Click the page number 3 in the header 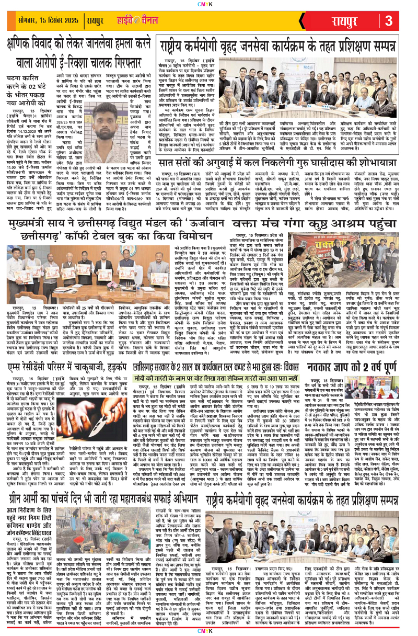(389, 21)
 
